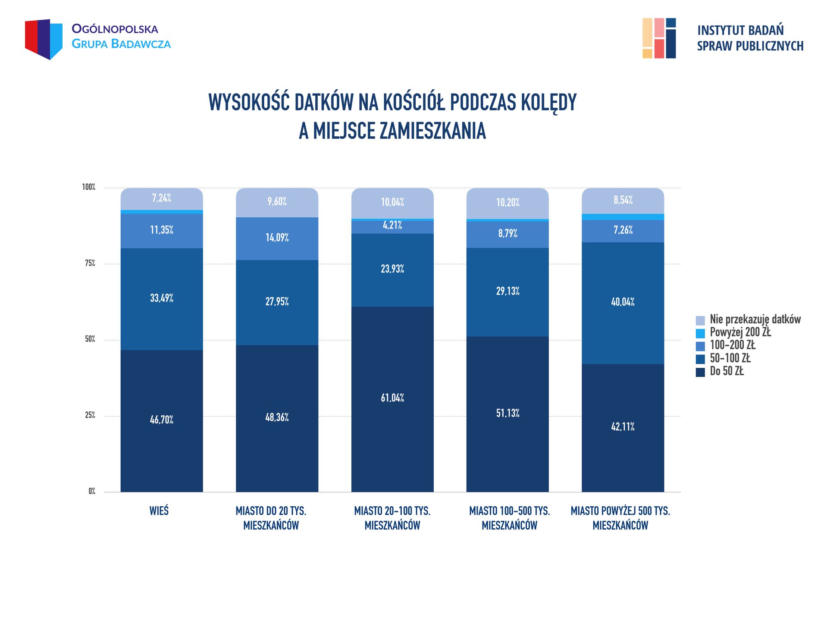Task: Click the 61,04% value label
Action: [x=392, y=398]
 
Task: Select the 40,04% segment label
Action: [x=623, y=302]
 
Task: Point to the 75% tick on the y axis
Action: [x=90, y=263]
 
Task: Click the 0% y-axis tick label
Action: [x=91, y=491]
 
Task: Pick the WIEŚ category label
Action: [x=159, y=511]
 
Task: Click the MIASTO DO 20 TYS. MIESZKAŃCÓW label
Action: [x=271, y=518]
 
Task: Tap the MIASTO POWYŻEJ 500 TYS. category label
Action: [x=620, y=518]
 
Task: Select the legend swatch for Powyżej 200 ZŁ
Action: [x=700, y=333]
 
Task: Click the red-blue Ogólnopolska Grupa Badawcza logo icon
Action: [x=44, y=39]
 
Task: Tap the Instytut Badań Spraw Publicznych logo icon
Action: [x=659, y=38]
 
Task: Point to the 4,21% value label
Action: [x=392, y=225]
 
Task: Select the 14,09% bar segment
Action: [x=277, y=238]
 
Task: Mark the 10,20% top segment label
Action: [x=507, y=202]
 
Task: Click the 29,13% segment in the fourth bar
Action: [x=507, y=292]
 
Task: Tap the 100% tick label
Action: [x=88, y=187]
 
